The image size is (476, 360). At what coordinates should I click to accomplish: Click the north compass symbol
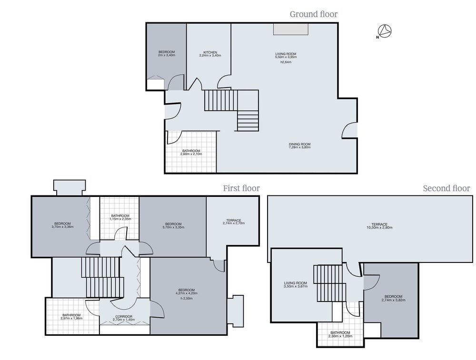(384, 31)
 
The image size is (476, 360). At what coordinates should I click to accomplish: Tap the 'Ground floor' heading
(314, 14)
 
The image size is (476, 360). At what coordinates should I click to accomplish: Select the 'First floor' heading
(241, 188)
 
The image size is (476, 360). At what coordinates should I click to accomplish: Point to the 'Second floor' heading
(446, 188)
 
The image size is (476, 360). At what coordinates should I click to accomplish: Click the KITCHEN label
(210, 52)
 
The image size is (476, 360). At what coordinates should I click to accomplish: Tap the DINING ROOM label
(299, 145)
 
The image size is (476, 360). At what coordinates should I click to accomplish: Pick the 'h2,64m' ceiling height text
(286, 62)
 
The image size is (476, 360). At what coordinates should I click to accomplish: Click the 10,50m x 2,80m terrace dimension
(379, 227)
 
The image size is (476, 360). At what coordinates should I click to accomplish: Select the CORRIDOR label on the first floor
(124, 317)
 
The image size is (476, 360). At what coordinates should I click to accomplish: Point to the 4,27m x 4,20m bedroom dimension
(187, 293)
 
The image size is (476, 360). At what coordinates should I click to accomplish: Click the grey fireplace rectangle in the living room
(291, 29)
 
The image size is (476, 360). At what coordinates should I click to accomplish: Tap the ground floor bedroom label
(167, 52)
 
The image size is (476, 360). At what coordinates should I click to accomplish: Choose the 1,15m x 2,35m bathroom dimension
(120, 219)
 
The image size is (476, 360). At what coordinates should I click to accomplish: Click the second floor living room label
(296, 283)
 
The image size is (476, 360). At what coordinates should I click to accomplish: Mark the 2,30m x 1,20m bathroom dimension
(340, 336)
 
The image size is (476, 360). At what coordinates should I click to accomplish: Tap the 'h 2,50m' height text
(187, 299)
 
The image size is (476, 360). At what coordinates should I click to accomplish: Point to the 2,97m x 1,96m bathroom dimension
(72, 319)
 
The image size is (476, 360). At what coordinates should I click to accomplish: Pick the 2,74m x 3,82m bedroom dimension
(394, 300)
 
